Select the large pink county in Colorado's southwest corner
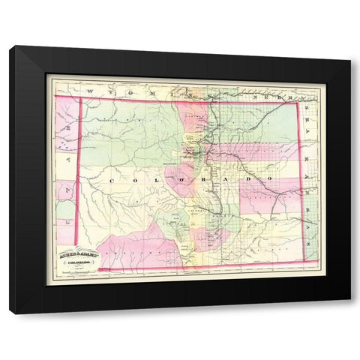tap(135, 247)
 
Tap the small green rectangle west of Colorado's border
tap(65, 210)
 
